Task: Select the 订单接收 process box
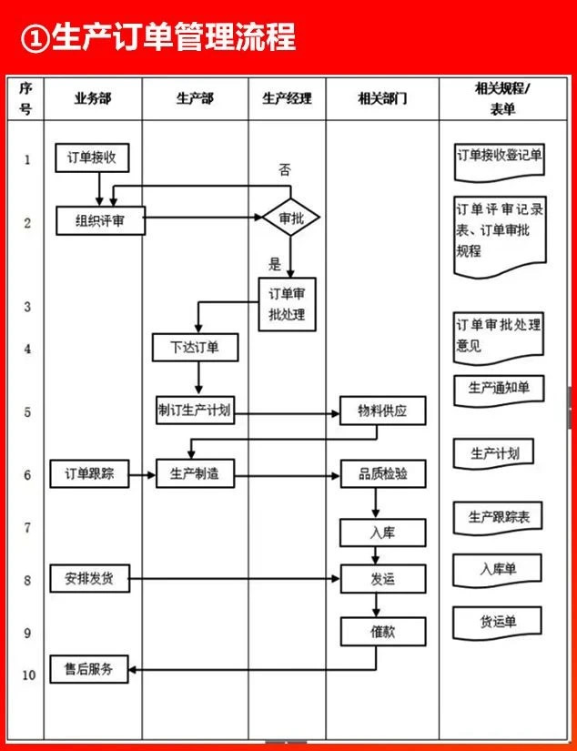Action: (x=91, y=158)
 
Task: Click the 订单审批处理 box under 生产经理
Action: (x=287, y=304)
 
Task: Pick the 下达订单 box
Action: (x=195, y=348)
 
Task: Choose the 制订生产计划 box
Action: (x=195, y=411)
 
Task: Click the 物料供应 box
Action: (x=382, y=411)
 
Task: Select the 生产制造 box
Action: (x=195, y=473)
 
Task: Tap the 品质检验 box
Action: (x=382, y=473)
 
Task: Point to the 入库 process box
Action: (x=382, y=533)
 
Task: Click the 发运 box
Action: (x=382, y=579)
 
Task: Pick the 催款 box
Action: (x=382, y=631)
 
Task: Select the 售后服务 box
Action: (x=89, y=669)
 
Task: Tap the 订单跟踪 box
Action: (x=89, y=473)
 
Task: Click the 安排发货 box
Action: (x=89, y=579)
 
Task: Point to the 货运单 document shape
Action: (x=498, y=622)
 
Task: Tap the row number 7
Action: (x=27, y=527)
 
